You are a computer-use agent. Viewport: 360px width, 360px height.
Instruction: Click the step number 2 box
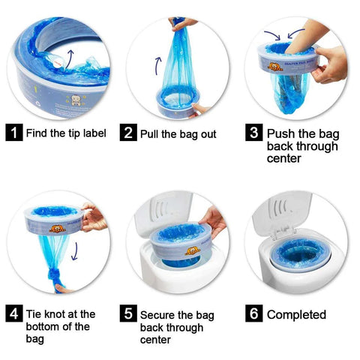click(x=129, y=133)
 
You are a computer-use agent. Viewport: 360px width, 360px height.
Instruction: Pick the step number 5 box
click(x=129, y=314)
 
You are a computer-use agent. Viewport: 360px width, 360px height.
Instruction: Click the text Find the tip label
click(x=65, y=133)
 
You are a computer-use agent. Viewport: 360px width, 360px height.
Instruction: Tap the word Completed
click(x=296, y=314)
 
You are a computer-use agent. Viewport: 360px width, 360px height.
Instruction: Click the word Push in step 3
click(x=282, y=133)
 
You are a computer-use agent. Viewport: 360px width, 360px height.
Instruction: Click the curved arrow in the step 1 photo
click(x=72, y=58)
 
